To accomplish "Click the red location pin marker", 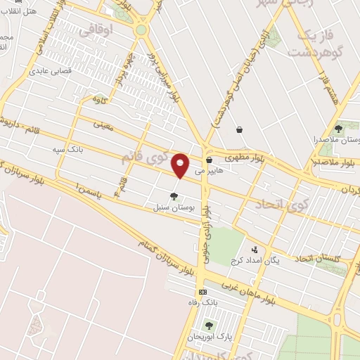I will [180, 165].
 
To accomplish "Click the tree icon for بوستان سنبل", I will [174, 196].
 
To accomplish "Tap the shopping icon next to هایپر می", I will [209, 160].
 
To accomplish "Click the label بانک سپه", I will [63, 150].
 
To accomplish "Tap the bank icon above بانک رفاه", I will [203, 292].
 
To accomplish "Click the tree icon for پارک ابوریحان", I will [208, 325].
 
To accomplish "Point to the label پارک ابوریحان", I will [209, 337].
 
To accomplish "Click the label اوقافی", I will [98, 32].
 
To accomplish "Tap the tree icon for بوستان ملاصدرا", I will [338, 129].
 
